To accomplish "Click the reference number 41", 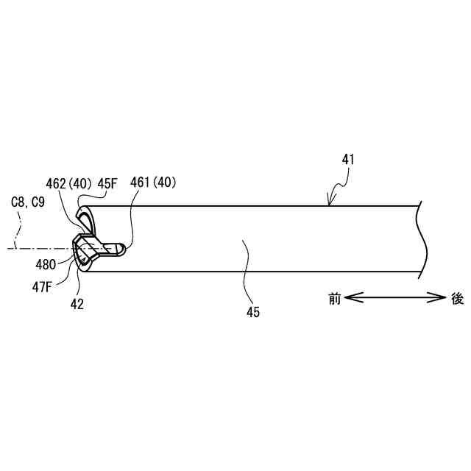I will tap(349, 158).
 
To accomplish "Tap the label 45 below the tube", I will tap(253, 312).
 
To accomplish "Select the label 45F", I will tap(109, 183).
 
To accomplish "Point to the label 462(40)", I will tap(70, 183).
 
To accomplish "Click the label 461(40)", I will tap(153, 183).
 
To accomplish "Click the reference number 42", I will tap(77, 302).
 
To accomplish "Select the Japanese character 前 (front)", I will tap(334, 299).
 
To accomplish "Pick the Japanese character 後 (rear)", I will tap(457, 299).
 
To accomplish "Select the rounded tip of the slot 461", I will tap(124, 249).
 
